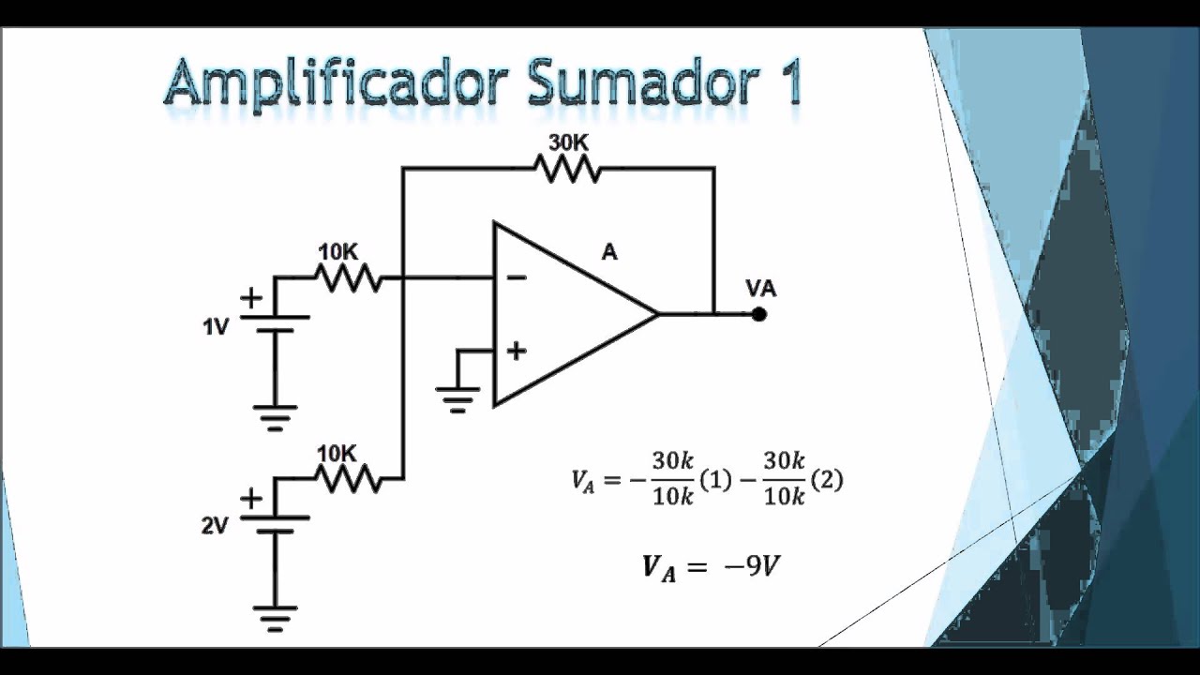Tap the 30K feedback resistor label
(x=568, y=142)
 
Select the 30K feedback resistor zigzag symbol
(x=567, y=169)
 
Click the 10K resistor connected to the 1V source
(x=348, y=277)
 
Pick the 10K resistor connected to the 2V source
(x=348, y=478)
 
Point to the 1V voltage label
(x=215, y=327)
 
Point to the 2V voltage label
(x=215, y=526)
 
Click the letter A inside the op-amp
(x=609, y=252)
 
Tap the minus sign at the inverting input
(x=517, y=277)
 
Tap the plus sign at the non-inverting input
(x=517, y=352)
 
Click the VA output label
(x=760, y=288)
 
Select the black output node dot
(x=759, y=314)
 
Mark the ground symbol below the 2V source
(x=275, y=616)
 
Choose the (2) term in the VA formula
(x=826, y=480)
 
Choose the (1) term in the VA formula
(x=715, y=480)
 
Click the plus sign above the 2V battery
(x=251, y=499)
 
